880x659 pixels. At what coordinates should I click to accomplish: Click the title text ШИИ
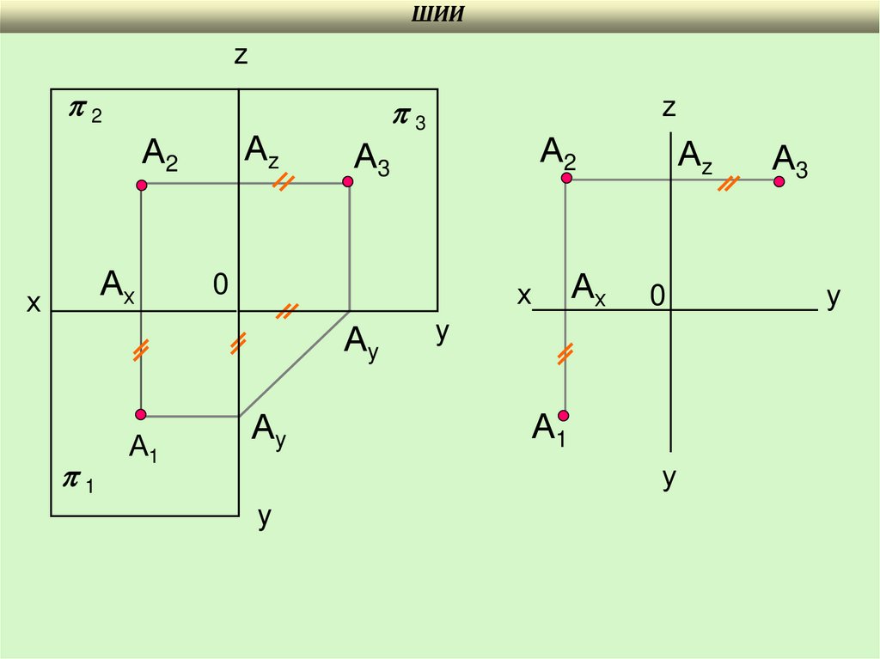[439, 15]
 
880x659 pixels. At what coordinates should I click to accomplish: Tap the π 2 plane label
[85, 112]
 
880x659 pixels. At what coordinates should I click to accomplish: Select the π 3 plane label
[408, 118]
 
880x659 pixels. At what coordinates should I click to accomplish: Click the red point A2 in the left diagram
[142, 185]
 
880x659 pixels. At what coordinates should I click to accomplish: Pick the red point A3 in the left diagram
[348, 182]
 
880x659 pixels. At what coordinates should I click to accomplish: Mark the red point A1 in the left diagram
[142, 414]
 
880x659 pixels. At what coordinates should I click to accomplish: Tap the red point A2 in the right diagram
[566, 178]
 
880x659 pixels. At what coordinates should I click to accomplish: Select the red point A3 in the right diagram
[779, 181]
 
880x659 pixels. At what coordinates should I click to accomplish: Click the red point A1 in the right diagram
[565, 416]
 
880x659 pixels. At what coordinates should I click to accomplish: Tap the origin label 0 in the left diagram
[220, 285]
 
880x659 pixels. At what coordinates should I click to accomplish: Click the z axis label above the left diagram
[241, 56]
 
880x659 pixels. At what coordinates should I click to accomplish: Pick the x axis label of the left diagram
[34, 302]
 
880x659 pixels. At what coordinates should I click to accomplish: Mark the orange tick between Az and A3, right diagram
[729, 183]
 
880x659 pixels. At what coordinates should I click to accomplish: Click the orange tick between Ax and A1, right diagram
[565, 353]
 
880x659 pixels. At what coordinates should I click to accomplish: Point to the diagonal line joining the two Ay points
[294, 363]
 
